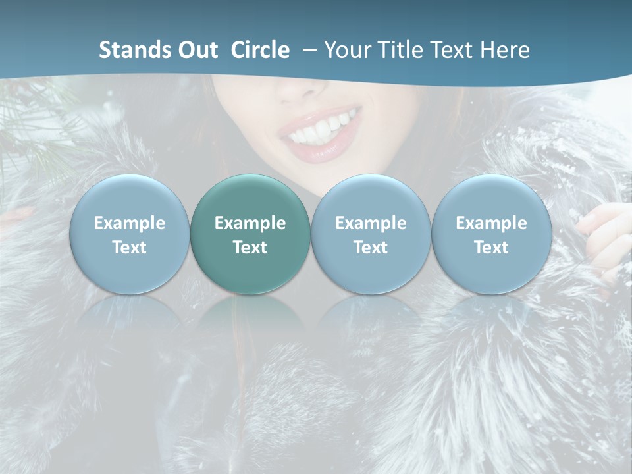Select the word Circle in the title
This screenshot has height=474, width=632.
coord(260,50)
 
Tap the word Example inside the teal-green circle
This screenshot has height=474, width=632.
coord(250,223)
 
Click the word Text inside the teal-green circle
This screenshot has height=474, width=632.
coord(250,248)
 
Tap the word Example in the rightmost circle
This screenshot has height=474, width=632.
coord(491,223)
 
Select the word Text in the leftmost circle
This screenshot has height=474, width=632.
coord(129,248)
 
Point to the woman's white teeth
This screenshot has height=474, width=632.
coord(324,128)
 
